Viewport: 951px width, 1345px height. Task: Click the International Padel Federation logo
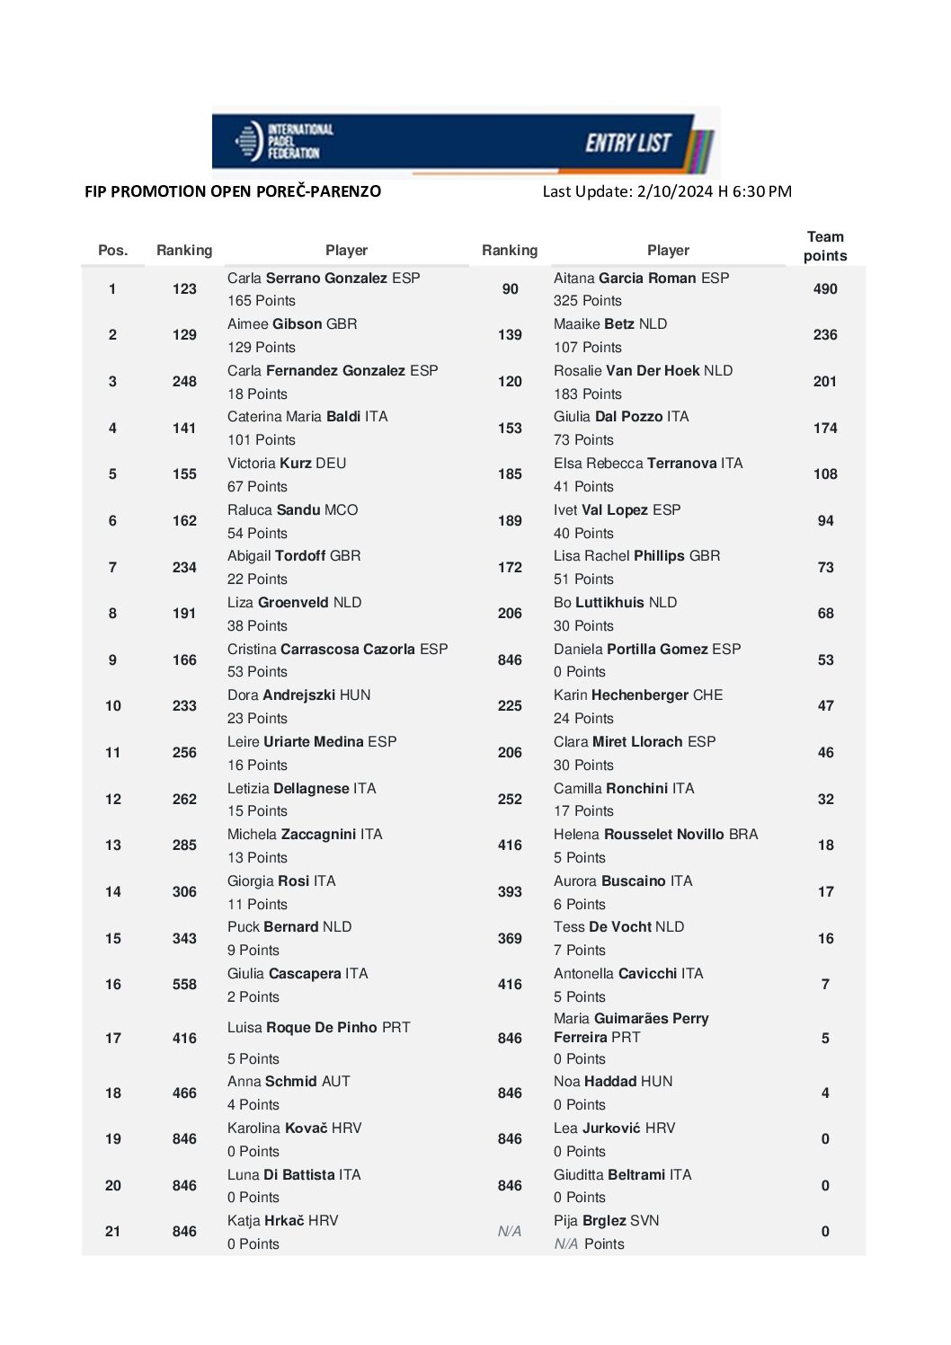[283, 141]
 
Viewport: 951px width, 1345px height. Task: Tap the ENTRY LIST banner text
[628, 143]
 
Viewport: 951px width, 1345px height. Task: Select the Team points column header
[824, 246]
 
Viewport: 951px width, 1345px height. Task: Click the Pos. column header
[112, 251]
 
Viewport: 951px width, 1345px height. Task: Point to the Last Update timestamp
[666, 191]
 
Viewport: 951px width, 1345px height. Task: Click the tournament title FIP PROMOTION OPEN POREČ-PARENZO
[233, 191]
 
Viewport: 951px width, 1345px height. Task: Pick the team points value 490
[824, 289]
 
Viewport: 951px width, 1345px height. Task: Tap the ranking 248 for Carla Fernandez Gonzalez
[184, 382]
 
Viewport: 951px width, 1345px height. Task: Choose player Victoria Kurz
[286, 464]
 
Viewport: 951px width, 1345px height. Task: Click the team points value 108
[824, 474]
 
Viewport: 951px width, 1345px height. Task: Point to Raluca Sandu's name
[292, 510]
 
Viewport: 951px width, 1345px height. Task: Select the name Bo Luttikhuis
[615, 603]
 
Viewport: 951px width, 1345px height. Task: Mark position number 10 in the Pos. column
[112, 706]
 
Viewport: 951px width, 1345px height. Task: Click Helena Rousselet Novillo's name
[655, 835]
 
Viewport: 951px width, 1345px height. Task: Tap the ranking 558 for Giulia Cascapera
[184, 985]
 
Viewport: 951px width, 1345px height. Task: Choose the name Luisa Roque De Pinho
[318, 1028]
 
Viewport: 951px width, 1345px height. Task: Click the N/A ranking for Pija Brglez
[510, 1232]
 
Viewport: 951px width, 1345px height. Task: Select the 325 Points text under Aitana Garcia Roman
[587, 301]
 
